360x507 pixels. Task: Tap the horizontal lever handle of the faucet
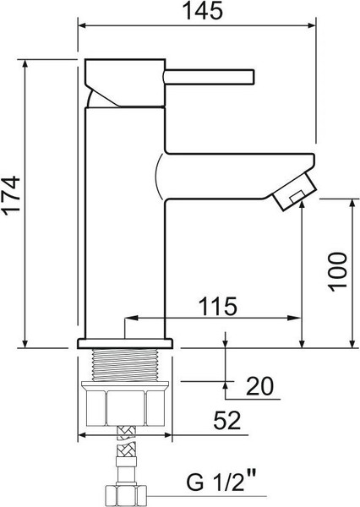pos(211,76)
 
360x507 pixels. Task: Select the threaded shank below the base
pos(125,366)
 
